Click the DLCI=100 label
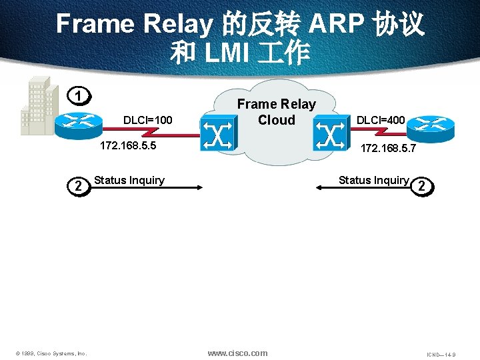148,120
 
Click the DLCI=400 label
380,120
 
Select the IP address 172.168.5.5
127,146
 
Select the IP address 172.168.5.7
388,149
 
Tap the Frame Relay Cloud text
276,112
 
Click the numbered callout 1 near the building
79,96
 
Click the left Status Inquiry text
129,180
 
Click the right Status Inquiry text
373,180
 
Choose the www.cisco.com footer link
237,353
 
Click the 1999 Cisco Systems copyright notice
52,353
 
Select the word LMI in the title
230,52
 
